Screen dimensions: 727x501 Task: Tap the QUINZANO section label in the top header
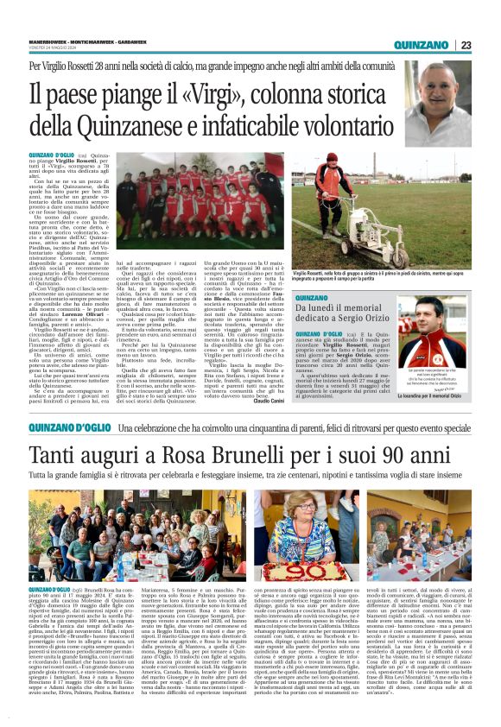pyautogui.click(x=421, y=45)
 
